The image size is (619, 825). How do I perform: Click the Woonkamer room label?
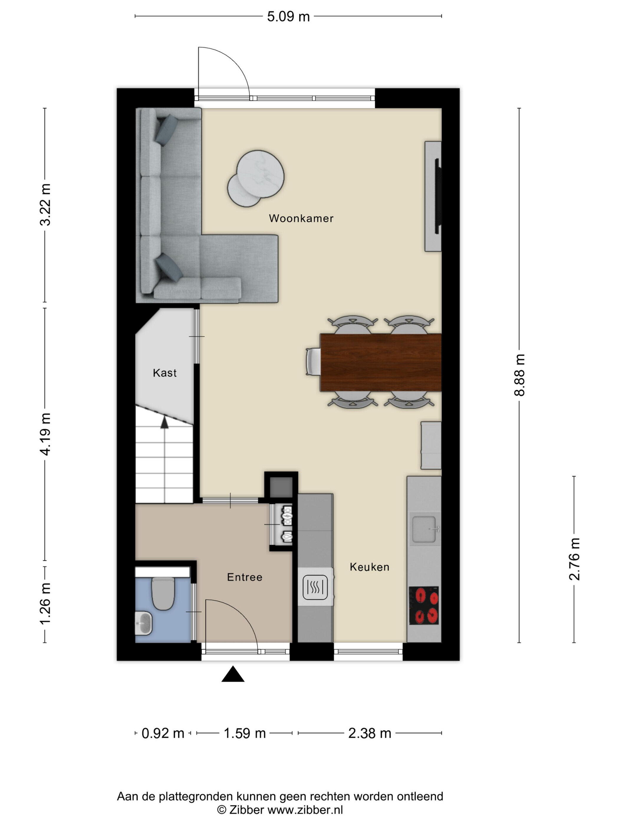pyautogui.click(x=301, y=218)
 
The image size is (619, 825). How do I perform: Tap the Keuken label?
pyautogui.click(x=369, y=567)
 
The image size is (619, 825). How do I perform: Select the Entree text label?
pyautogui.click(x=245, y=577)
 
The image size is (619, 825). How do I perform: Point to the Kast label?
pyautogui.click(x=164, y=373)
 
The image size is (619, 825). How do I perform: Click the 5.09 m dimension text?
pyautogui.click(x=288, y=17)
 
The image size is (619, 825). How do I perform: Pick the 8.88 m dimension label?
pyautogui.click(x=519, y=375)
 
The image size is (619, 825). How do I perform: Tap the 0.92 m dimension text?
pyautogui.click(x=163, y=733)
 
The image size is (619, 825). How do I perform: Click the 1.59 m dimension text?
pyautogui.click(x=244, y=733)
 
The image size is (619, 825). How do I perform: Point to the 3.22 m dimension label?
pyautogui.click(x=45, y=205)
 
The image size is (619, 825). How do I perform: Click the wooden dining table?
pyautogui.click(x=381, y=362)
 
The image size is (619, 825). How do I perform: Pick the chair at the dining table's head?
pyautogui.click(x=313, y=362)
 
